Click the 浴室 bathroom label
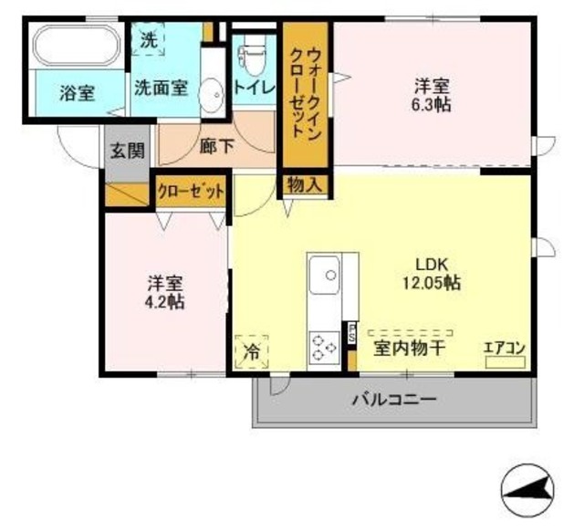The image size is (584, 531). (x=78, y=92)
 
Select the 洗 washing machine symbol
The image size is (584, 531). (x=148, y=40)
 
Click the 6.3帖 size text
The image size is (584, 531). (x=432, y=104)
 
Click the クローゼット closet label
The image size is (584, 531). (x=190, y=192)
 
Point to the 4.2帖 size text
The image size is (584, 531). (x=165, y=301)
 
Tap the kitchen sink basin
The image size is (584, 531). (x=324, y=275)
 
